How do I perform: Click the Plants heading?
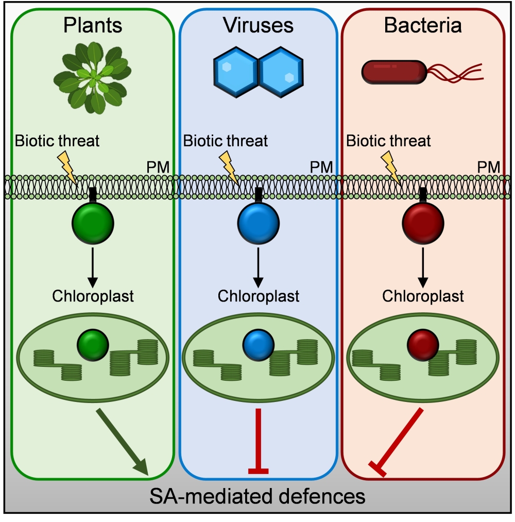92,25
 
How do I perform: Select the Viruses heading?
258,25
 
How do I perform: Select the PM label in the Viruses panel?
321,166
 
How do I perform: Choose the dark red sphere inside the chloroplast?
423,346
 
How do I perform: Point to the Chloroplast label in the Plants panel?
93,297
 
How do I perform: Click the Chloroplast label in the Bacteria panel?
423,297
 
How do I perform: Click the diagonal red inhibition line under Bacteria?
399,441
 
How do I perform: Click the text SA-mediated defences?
257,497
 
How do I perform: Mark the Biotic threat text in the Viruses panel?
225,141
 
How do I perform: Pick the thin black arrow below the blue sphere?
258,265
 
